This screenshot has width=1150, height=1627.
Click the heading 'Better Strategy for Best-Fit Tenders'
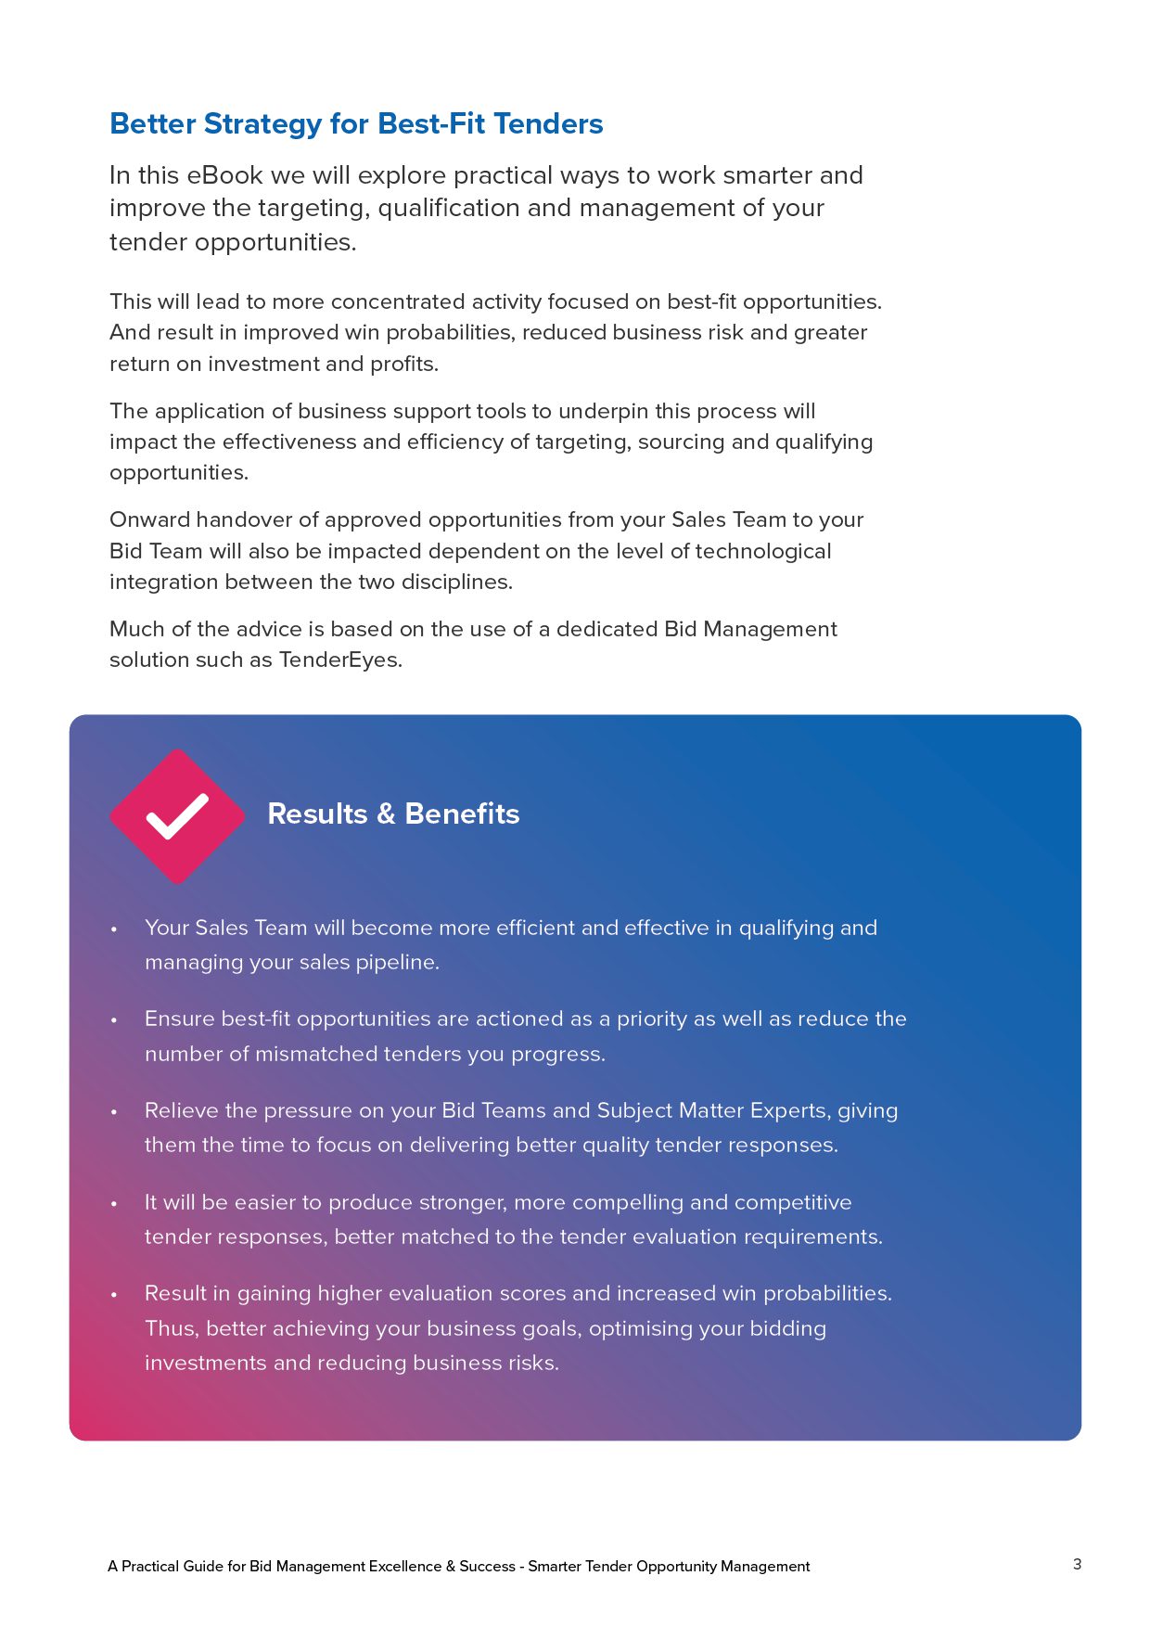point(356,123)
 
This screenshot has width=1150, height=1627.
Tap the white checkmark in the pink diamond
point(177,816)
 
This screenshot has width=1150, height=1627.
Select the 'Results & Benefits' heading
point(393,813)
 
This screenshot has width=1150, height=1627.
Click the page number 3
point(1077,1564)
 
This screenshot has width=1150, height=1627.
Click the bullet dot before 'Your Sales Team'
point(114,929)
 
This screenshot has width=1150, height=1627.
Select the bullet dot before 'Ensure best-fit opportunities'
point(114,1020)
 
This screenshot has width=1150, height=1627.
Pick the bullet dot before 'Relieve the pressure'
point(114,1112)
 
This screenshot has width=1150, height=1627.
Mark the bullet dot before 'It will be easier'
point(114,1204)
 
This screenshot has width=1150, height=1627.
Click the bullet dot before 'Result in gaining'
point(114,1295)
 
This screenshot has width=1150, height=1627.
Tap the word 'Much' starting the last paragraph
point(137,629)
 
